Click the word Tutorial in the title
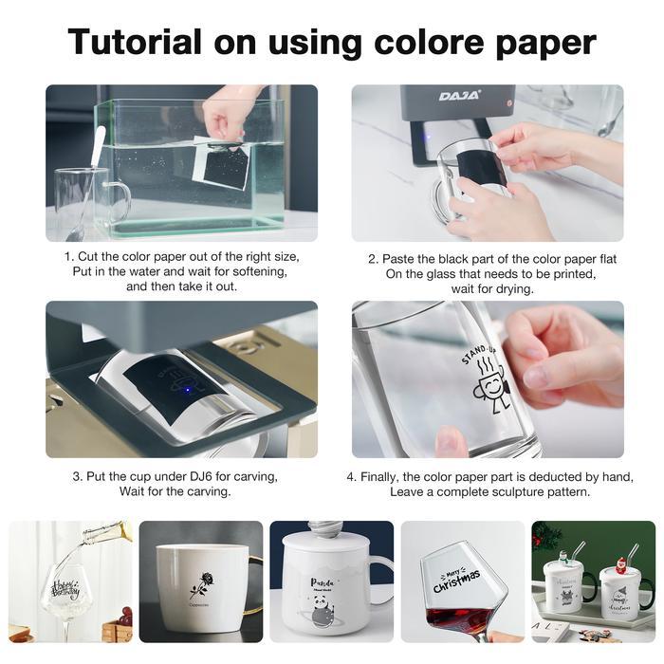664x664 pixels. (135, 43)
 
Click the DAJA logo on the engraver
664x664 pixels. (460, 96)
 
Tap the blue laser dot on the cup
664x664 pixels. (189, 388)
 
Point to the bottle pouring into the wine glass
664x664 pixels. (106, 534)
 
